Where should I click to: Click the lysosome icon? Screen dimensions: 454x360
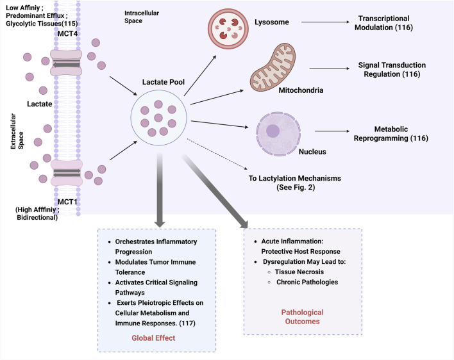pyautogui.click(x=228, y=29)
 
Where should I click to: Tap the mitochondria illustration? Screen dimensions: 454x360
pyautogui.click(x=273, y=68)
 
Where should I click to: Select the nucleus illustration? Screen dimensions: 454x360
pyautogui.click(x=278, y=134)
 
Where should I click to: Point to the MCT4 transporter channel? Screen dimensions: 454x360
pyautogui.click(x=66, y=63)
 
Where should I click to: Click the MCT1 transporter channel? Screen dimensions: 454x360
pyautogui.click(x=67, y=173)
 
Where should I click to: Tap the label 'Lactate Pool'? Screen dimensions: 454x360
pyautogui.click(x=164, y=82)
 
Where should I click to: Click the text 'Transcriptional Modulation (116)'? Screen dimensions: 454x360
pyautogui.click(x=383, y=23)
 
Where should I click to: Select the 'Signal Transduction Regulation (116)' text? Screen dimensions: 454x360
pyautogui.click(x=392, y=69)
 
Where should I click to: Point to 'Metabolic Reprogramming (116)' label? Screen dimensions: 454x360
pyautogui.click(x=391, y=134)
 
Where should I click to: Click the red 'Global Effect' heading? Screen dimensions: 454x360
pyautogui.click(x=153, y=338)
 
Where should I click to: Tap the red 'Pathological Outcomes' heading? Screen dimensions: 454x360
pyautogui.click(x=302, y=316)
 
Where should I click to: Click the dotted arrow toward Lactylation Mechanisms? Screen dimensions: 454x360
pyautogui.click(x=217, y=154)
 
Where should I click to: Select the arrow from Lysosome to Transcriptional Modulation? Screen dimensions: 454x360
pyautogui.click(x=326, y=22)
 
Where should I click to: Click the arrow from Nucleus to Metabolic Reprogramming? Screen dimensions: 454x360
pyautogui.click(x=332, y=131)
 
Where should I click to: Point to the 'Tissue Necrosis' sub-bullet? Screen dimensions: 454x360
pyautogui.click(x=299, y=272)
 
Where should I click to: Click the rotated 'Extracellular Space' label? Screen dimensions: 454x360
pyautogui.click(x=17, y=131)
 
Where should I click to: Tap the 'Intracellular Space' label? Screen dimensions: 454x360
pyautogui.click(x=142, y=17)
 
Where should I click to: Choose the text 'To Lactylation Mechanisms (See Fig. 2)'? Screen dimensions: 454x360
pyautogui.click(x=295, y=183)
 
